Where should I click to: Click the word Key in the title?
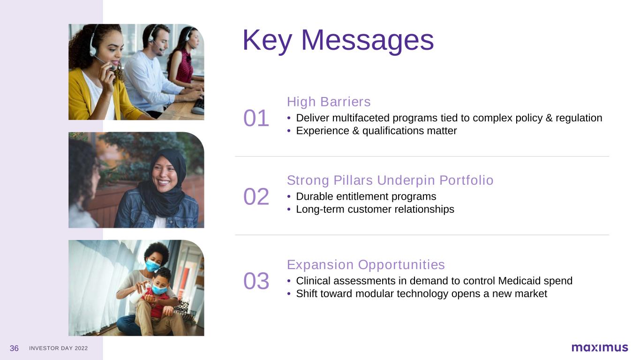[x=267, y=40]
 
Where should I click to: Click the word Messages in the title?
[x=368, y=40]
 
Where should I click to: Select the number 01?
[x=256, y=118]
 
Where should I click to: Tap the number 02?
[x=256, y=197]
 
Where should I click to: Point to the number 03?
[x=256, y=281]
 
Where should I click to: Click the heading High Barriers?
[x=329, y=102]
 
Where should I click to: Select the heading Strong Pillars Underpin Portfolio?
[x=390, y=180]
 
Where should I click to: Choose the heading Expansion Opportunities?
[x=366, y=264]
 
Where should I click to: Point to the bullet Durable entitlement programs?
[x=366, y=196]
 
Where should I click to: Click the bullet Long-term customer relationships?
[x=375, y=210]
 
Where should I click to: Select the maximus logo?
[x=599, y=348]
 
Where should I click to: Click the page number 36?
[x=14, y=348]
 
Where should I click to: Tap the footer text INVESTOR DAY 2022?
[x=58, y=348]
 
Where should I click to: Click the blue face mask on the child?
[x=159, y=289]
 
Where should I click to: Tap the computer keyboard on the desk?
[x=198, y=107]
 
